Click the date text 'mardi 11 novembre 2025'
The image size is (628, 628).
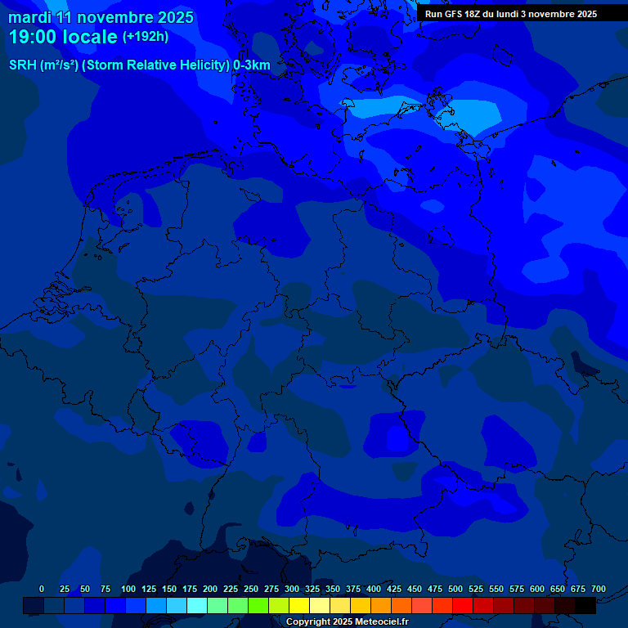tap(101, 17)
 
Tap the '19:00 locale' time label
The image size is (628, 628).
tap(63, 37)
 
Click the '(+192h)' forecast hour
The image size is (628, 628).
tap(146, 37)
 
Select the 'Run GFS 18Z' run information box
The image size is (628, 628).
tap(511, 14)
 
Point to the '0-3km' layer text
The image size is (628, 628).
tap(252, 65)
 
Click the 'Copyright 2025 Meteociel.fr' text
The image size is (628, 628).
tap(347, 622)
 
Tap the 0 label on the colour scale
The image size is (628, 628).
tap(42, 589)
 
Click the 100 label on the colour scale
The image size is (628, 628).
tap(128, 589)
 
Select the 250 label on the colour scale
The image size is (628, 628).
tap(251, 589)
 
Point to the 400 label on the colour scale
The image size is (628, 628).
tap(374, 589)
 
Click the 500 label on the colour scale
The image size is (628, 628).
tap(455, 589)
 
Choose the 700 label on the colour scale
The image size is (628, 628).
tap(599, 589)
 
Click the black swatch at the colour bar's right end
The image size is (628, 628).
tap(585, 605)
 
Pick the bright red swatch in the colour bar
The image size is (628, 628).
tap(463, 605)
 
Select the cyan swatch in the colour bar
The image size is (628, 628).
tap(197, 605)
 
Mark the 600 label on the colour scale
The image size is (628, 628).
tap(537, 589)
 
